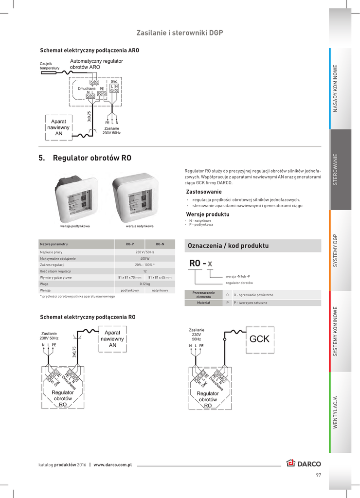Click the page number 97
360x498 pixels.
[318, 475]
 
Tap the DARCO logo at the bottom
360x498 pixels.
[304, 463]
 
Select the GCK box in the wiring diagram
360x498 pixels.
[259, 339]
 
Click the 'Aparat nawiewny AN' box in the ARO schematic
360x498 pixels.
[58, 126]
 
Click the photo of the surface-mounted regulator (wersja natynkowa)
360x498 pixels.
[140, 197]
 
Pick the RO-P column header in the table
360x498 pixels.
[129, 243]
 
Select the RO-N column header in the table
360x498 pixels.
[160, 243]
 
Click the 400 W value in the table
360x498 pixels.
[144, 259]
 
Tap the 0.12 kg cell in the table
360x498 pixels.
[144, 284]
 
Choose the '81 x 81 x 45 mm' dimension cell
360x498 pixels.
[160, 277]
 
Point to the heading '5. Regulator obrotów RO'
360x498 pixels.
[85, 158]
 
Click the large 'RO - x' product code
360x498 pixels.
[200, 263]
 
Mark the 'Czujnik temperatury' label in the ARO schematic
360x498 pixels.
[49, 66]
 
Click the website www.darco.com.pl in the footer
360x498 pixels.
[113, 465]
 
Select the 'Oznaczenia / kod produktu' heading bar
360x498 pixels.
[253, 246]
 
